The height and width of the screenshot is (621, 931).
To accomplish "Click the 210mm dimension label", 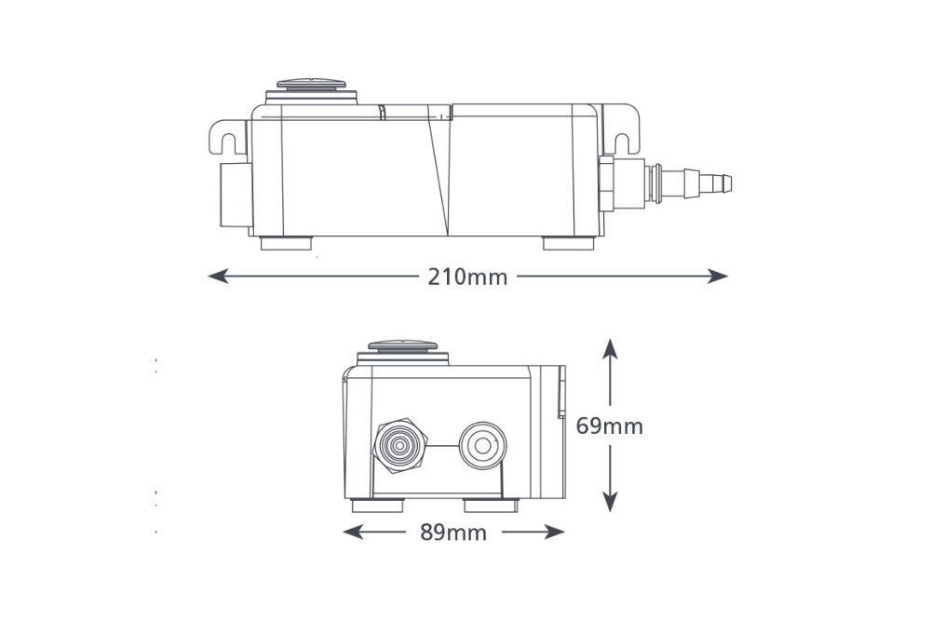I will tap(467, 277).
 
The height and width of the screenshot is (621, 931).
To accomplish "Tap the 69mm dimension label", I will tap(609, 426).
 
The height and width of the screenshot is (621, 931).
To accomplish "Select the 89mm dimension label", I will tap(453, 533).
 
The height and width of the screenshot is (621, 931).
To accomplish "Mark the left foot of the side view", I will tap(285, 245).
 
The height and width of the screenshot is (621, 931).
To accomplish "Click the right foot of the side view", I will tap(568, 245).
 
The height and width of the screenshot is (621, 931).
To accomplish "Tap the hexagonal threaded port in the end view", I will tap(399, 446).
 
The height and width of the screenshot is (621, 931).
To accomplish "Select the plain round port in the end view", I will tap(483, 446).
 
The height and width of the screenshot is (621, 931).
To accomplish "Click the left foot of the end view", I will tap(377, 506).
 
